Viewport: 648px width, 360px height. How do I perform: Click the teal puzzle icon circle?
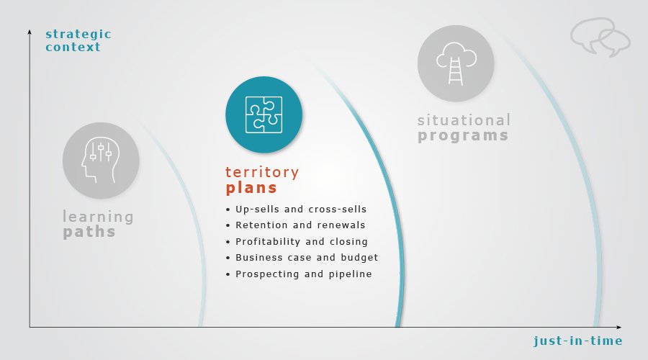264,114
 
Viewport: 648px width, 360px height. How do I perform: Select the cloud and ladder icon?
456,63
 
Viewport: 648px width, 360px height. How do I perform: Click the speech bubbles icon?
600,37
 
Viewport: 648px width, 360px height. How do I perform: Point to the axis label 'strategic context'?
78,40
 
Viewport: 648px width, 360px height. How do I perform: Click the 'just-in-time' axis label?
577,341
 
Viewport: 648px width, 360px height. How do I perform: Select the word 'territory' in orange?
262,172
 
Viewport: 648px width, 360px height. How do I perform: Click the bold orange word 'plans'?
251,188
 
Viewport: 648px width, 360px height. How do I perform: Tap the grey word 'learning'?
98,217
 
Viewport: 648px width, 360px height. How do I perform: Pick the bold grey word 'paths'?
89,232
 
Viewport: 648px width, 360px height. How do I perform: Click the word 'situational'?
464,120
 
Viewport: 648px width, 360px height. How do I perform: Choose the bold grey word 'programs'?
463,135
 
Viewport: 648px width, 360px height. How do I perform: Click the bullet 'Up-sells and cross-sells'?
301,209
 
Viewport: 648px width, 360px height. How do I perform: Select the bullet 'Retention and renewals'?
300,225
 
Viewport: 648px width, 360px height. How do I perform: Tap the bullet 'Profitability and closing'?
301,241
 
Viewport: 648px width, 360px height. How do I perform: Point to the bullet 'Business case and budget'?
307,258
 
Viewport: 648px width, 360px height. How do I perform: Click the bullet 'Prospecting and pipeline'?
304,274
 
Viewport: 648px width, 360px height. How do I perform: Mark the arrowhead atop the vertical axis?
30,32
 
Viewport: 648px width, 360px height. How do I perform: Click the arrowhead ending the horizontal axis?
618,328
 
